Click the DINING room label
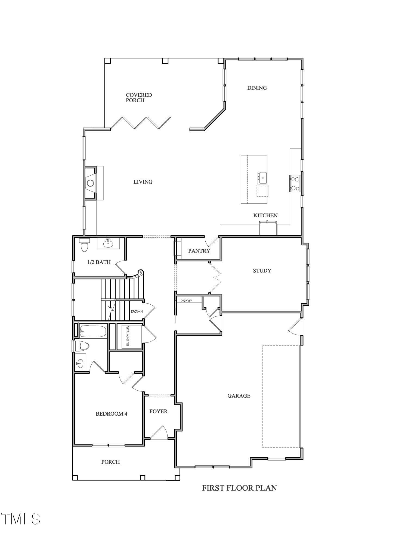257,88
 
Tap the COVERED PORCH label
139,97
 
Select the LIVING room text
143,182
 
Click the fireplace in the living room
90,183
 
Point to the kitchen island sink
262,178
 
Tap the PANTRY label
199,251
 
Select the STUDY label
262,271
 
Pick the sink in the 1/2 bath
108,243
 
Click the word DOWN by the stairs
137,311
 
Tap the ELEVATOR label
128,337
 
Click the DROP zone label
186,301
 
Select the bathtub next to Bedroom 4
93,332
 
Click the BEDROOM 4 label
111,414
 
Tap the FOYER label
159,412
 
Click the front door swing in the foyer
160,432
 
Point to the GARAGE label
239,396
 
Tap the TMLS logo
21,519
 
